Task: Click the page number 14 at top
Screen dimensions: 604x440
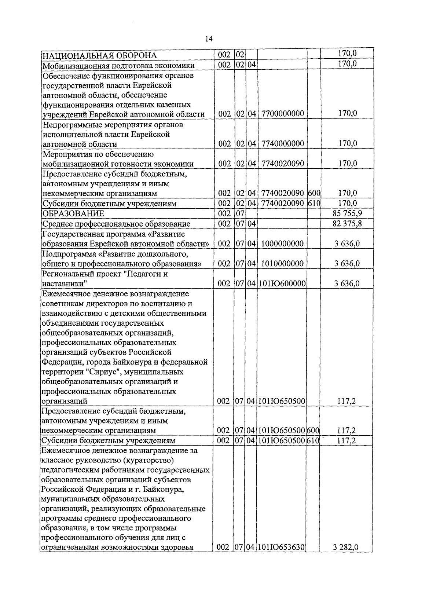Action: coord(209,39)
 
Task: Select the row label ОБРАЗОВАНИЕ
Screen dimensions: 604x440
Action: coord(73,214)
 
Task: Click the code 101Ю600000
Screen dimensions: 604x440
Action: coord(282,283)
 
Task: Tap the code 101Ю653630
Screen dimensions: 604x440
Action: coord(282,548)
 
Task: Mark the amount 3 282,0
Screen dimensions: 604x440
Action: coord(346,548)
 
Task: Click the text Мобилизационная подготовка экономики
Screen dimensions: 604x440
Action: coord(118,66)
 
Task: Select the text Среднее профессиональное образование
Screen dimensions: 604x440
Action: coord(117,224)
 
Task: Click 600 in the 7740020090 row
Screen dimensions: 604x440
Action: coord(314,193)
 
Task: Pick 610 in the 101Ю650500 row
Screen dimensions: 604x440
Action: coord(313,440)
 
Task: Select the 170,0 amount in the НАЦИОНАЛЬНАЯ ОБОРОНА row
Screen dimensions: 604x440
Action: coord(347,54)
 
